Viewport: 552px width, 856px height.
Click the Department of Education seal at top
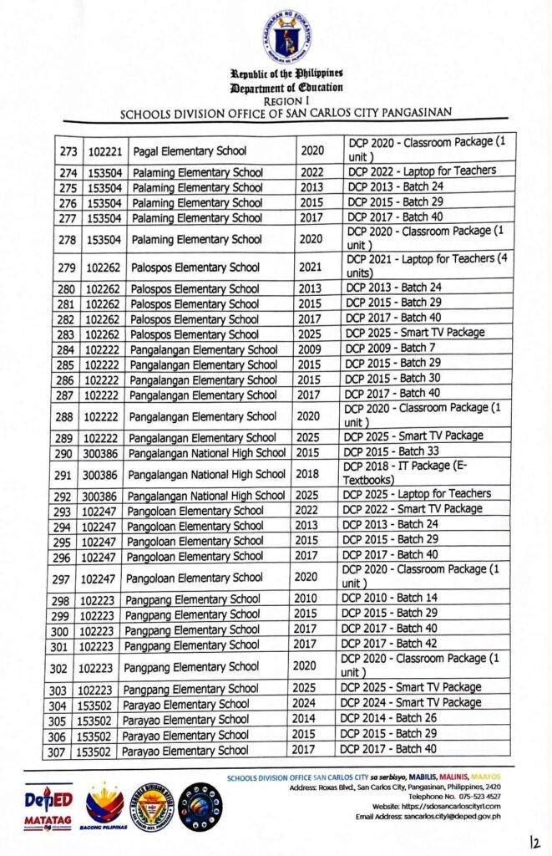pos(286,36)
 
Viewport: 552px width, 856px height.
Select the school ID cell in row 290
pos(103,453)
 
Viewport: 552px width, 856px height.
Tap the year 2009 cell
pos(311,349)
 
